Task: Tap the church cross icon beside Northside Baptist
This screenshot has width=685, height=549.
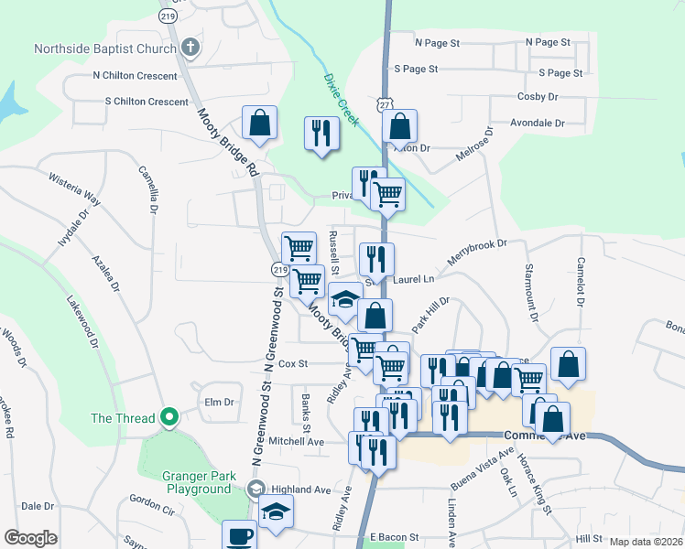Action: (x=190, y=47)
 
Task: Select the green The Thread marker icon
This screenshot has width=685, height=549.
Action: (x=169, y=418)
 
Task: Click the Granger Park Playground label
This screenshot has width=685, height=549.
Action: (x=198, y=482)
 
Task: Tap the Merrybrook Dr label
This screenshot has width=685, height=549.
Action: (x=476, y=249)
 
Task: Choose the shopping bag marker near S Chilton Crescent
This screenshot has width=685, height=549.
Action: (x=259, y=124)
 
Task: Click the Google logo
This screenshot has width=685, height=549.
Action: (x=30, y=537)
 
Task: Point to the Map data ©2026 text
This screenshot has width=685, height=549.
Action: (x=646, y=542)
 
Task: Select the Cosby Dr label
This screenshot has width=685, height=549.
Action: (x=538, y=96)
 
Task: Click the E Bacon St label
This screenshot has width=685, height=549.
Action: (x=394, y=537)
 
